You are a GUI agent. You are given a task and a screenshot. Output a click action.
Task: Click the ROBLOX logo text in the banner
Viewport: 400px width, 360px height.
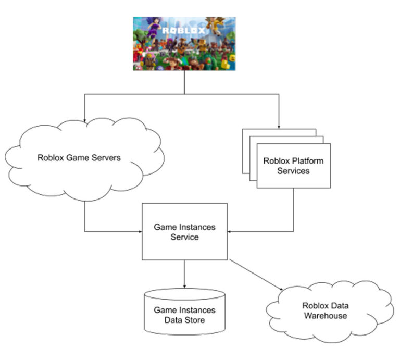[184, 31]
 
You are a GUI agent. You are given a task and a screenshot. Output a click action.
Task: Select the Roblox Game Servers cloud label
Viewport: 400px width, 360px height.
[79, 157]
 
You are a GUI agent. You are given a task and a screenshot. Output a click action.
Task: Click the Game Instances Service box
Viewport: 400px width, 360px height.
[184, 232]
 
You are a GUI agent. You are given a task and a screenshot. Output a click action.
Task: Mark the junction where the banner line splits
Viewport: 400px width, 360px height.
[184, 94]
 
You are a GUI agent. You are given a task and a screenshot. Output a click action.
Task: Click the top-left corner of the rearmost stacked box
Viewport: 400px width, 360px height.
[243, 130]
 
